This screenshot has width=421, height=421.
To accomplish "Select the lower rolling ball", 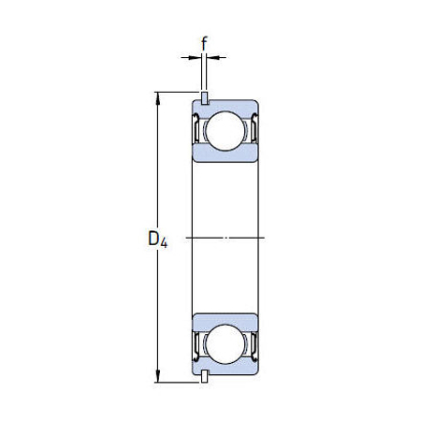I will pyautogui.click(x=225, y=343).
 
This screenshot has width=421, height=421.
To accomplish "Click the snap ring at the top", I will pyautogui.click(x=204, y=97).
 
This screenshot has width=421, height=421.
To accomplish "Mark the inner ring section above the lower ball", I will pyautogui.click(x=225, y=317).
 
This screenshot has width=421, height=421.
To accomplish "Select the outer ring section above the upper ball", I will pyautogui.click(x=225, y=104).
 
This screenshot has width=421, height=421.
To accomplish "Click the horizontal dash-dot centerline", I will pyautogui.click(x=225, y=237).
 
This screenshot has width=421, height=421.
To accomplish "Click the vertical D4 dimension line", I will pyautogui.click(x=157, y=187).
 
